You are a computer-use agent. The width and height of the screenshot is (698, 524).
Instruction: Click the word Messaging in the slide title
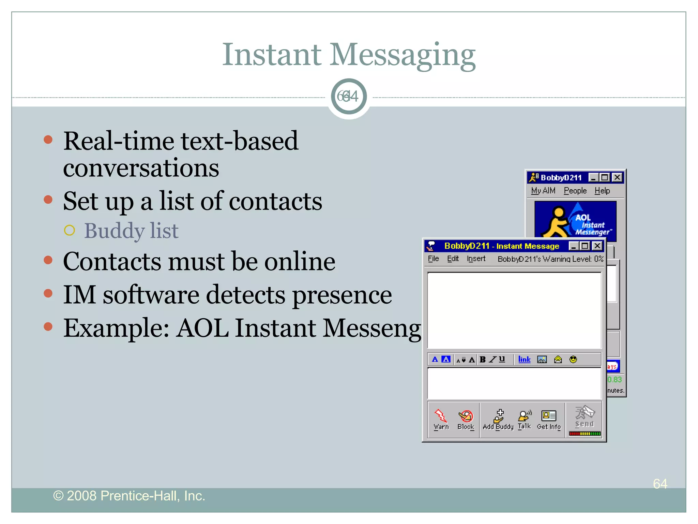[402, 55]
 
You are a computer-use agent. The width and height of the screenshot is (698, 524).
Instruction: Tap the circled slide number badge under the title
[349, 97]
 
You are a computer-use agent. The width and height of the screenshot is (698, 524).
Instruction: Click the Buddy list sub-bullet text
[131, 231]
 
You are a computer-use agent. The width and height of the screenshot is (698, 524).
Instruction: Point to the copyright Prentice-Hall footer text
[129, 496]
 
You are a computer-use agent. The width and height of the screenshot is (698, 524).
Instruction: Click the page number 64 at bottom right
[660, 484]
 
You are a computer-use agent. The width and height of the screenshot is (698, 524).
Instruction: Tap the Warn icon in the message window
[441, 419]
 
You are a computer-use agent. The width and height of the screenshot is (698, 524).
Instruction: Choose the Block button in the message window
[466, 419]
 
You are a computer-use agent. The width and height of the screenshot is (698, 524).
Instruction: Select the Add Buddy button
[498, 419]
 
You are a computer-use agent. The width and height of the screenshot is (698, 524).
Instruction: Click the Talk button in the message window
[524, 419]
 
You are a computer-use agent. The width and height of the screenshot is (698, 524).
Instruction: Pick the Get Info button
[549, 419]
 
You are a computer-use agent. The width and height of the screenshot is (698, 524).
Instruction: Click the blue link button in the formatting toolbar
[524, 359]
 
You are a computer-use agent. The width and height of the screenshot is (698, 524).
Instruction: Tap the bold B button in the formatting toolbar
[482, 359]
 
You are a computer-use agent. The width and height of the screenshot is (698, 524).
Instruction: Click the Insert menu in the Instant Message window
[476, 259]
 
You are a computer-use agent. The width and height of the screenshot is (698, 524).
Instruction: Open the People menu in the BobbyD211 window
[575, 191]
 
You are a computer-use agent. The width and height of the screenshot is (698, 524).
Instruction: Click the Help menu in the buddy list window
[602, 191]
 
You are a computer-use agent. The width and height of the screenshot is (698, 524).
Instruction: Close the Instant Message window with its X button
[597, 246]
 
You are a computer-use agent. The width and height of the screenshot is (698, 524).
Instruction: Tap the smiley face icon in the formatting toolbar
[573, 359]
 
